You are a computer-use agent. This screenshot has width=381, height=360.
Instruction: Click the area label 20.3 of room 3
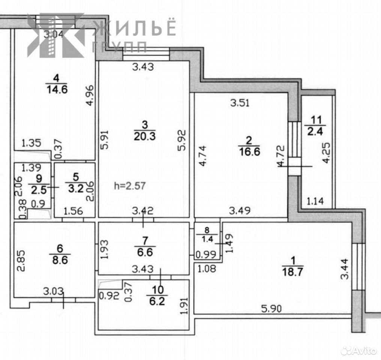tap(145, 136)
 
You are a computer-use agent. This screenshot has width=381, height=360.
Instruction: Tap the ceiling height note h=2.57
tap(130, 186)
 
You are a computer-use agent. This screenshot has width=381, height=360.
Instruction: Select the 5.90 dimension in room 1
tap(271, 309)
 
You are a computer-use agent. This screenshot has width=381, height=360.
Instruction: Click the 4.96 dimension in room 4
tap(90, 95)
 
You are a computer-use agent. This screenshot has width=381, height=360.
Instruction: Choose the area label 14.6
tap(57, 90)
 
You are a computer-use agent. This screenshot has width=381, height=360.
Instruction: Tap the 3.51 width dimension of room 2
tap(240, 103)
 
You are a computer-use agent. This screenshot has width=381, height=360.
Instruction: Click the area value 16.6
tap(250, 152)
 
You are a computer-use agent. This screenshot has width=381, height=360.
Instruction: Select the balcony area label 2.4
tap(315, 131)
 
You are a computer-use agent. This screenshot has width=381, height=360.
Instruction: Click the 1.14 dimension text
tap(315, 201)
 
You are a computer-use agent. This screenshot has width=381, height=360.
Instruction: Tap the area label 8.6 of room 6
tap(60, 260)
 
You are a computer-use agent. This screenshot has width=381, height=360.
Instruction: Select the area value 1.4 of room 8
tap(207, 239)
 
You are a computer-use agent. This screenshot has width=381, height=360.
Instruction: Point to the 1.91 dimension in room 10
tap(184, 306)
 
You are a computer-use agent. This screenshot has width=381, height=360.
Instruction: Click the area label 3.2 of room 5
tap(76, 188)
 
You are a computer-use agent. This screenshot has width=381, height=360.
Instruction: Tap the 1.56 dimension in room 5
tap(73, 211)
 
